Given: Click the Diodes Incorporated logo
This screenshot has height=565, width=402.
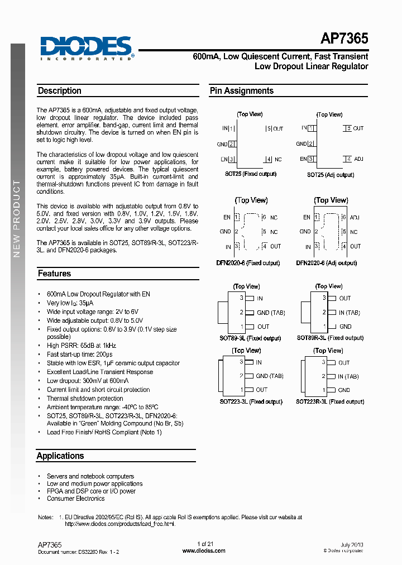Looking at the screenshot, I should tap(87, 47).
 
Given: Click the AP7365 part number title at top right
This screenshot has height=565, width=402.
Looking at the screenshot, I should tap(344, 39).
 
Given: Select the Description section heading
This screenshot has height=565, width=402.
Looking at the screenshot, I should tap(60, 90).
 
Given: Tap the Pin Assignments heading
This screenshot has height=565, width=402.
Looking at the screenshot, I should tap(241, 90).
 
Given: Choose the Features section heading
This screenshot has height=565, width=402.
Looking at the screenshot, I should tap(54, 274).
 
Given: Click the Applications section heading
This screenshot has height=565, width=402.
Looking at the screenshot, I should tap(60, 456).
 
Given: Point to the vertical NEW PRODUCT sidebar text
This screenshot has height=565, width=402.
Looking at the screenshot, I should tap(17, 218).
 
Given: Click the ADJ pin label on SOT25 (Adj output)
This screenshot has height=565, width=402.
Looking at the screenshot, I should tap(358, 159).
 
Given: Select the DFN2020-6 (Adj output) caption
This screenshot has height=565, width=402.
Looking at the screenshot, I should tap(326, 263).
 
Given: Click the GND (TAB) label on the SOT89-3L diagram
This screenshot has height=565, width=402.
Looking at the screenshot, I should tap(270, 313).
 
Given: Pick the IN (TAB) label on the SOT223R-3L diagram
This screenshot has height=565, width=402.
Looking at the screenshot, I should tap(348, 376).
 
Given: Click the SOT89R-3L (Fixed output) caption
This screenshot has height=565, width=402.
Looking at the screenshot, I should tap(330, 338).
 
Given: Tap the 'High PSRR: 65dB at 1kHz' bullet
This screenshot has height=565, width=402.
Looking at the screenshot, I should tap(82, 346).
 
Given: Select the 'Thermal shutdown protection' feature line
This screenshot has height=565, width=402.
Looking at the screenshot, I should tap(85, 399).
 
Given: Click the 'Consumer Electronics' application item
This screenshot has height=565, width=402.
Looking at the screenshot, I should tap(75, 499).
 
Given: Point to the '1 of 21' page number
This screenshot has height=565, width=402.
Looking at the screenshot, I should tap(205, 544).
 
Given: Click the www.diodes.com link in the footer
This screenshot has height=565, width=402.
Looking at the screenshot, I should tap(204, 550).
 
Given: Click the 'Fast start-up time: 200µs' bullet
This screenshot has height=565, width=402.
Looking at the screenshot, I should tap(79, 355).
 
